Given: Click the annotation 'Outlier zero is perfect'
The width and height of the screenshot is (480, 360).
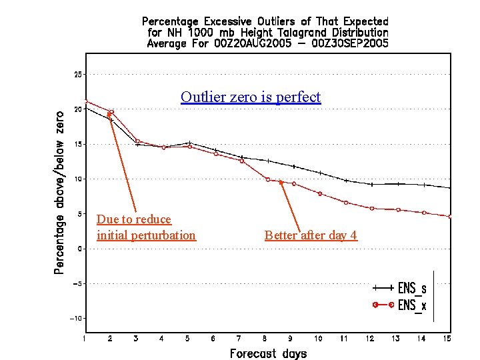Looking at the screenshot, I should [x=251, y=97].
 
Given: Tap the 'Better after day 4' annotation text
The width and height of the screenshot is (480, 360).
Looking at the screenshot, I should [x=311, y=235].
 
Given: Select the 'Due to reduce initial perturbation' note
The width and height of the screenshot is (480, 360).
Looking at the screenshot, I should [x=146, y=227].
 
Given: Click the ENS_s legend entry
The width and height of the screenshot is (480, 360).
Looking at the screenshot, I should [x=400, y=288].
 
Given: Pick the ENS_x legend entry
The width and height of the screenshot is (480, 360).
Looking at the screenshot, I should [x=400, y=305].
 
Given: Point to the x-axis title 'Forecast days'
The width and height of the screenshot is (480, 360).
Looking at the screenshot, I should [x=268, y=353].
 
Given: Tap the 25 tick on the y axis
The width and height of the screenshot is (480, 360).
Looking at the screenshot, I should [x=78, y=75].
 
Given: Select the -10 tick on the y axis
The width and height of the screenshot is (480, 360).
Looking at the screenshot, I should [x=76, y=319].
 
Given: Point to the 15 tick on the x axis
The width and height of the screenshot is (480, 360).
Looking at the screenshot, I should [x=447, y=339].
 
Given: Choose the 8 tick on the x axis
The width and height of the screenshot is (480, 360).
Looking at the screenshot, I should [x=265, y=339].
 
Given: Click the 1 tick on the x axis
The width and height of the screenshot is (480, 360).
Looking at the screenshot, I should [x=84, y=339].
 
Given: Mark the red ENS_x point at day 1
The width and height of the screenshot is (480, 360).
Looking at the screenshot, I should [x=85, y=101].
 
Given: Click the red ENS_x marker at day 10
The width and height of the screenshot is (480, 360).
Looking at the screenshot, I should [x=320, y=193].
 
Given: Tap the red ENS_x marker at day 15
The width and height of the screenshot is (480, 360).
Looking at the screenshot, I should [x=450, y=217].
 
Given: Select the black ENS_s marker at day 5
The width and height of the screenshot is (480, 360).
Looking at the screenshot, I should [x=189, y=143].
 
